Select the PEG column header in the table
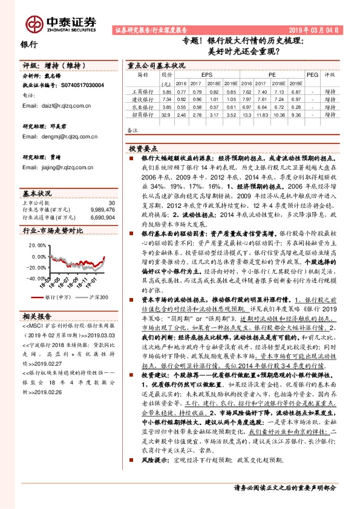click(x=312, y=75)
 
